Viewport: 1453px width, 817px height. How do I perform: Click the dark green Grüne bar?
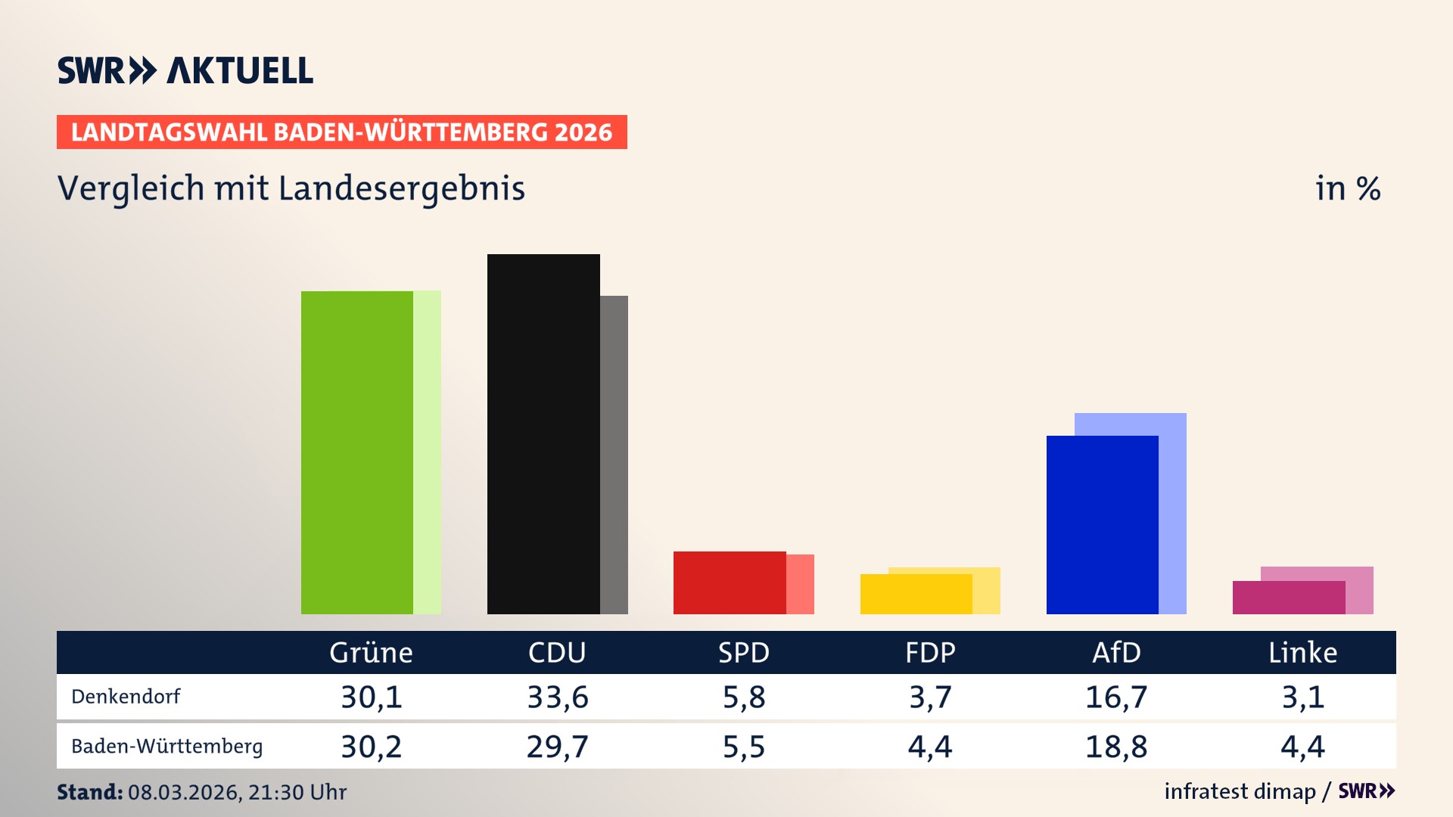pos(357,452)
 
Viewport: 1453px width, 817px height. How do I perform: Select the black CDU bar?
pos(543,434)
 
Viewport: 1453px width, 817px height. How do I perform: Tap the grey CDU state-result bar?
pos(614,454)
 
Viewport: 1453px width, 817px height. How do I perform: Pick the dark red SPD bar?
pos(730,582)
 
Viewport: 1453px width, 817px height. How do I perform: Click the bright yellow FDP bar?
pos(916,595)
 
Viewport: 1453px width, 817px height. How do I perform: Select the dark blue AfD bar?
pos(1102,525)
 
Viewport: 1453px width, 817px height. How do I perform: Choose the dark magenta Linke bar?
pos(1288,598)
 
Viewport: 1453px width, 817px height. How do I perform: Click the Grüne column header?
pos(371,652)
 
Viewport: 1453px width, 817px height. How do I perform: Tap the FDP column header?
pos(930,652)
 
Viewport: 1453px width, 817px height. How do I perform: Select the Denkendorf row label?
pos(126,697)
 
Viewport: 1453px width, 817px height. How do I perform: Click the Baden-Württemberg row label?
pos(166,747)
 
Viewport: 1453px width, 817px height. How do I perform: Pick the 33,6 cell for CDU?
pos(558,697)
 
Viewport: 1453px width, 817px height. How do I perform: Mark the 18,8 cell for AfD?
pos(1116,747)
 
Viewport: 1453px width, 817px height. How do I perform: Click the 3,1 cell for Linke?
pos(1302,697)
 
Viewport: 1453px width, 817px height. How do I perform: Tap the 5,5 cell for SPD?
pos(744,747)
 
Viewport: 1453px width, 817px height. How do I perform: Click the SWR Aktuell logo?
pos(185,70)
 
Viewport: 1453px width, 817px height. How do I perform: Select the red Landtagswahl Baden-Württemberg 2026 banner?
pos(341,132)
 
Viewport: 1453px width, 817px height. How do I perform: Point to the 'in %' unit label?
pos(1347,188)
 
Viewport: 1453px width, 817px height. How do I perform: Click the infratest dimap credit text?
pos(1240,791)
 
